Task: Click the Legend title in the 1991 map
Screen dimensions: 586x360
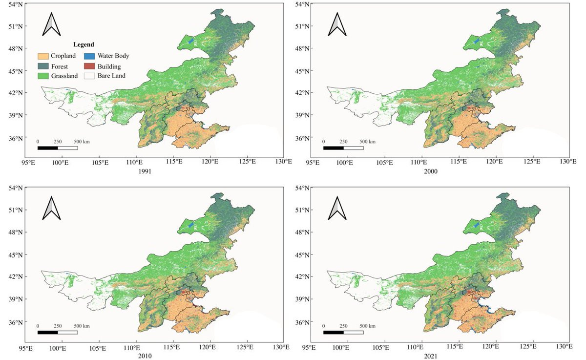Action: coord(84,44)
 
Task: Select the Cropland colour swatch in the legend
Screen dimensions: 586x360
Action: coord(43,56)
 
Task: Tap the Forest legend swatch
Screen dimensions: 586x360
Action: coord(43,66)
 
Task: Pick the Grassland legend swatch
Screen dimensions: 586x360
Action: coord(43,76)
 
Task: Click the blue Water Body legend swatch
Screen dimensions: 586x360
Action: coord(89,56)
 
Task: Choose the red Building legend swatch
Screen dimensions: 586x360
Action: coord(89,66)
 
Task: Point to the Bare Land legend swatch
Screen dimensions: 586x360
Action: coord(89,76)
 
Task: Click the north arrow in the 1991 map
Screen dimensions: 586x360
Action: coord(52,24)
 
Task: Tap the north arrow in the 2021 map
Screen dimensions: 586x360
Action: coord(337,208)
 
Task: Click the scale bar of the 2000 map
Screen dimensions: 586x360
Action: coord(343,148)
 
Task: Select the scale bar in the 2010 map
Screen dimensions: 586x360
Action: coord(58,332)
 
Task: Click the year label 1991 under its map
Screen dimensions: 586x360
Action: coord(145,171)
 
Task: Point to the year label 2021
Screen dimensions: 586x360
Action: coord(431,356)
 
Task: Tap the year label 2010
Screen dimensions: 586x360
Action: coord(145,356)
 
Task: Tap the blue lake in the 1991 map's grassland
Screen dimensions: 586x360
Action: coord(191,41)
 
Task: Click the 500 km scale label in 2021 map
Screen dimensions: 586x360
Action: coord(368,326)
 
